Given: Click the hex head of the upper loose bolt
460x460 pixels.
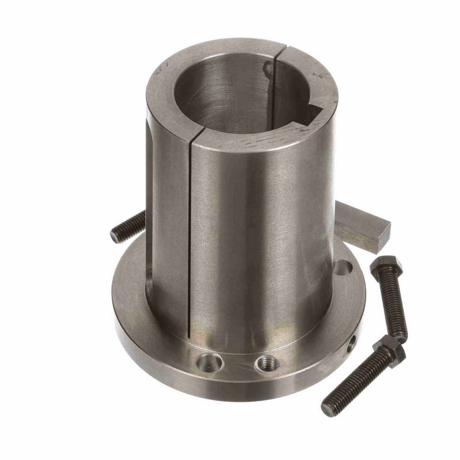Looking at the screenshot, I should click(x=386, y=265).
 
